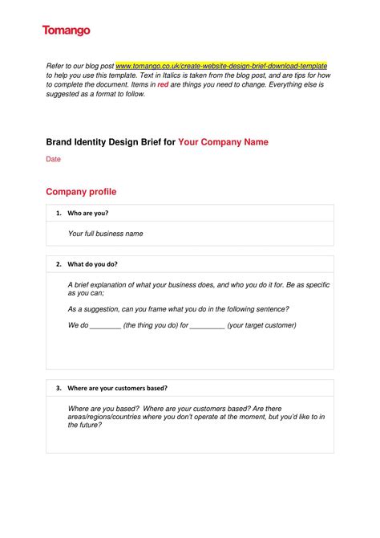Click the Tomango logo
coord(66,31)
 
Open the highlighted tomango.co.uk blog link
coord(221,65)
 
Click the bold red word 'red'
coord(163,84)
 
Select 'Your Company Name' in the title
coord(223,142)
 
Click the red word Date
coord(53,159)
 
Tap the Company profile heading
coord(81,192)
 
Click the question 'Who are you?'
coord(88,214)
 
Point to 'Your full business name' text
coord(105,234)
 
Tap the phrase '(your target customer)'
coord(261,325)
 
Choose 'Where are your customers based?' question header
coord(117,388)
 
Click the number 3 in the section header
coord(58,388)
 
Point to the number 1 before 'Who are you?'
coord(58,214)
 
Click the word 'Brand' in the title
coord(62,142)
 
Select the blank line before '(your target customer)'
coord(208,326)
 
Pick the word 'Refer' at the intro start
coord(55,65)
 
